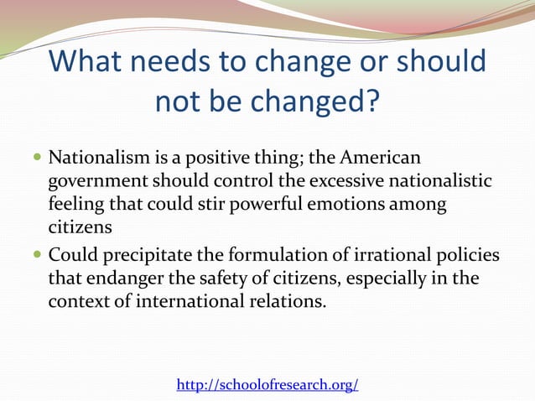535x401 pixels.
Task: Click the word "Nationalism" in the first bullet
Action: [94, 159]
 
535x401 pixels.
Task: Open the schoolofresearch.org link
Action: [267, 384]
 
